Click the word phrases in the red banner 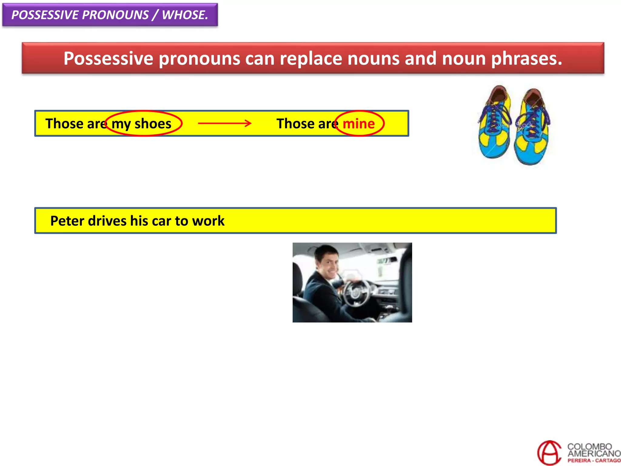(x=526, y=58)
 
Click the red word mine (x=358, y=124)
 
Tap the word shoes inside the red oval (x=153, y=124)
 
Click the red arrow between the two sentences (x=224, y=123)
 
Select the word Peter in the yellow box (x=67, y=221)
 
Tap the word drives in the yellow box (x=107, y=221)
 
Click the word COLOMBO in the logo (x=589, y=447)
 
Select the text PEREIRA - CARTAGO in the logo (x=594, y=461)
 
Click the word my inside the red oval (x=121, y=124)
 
